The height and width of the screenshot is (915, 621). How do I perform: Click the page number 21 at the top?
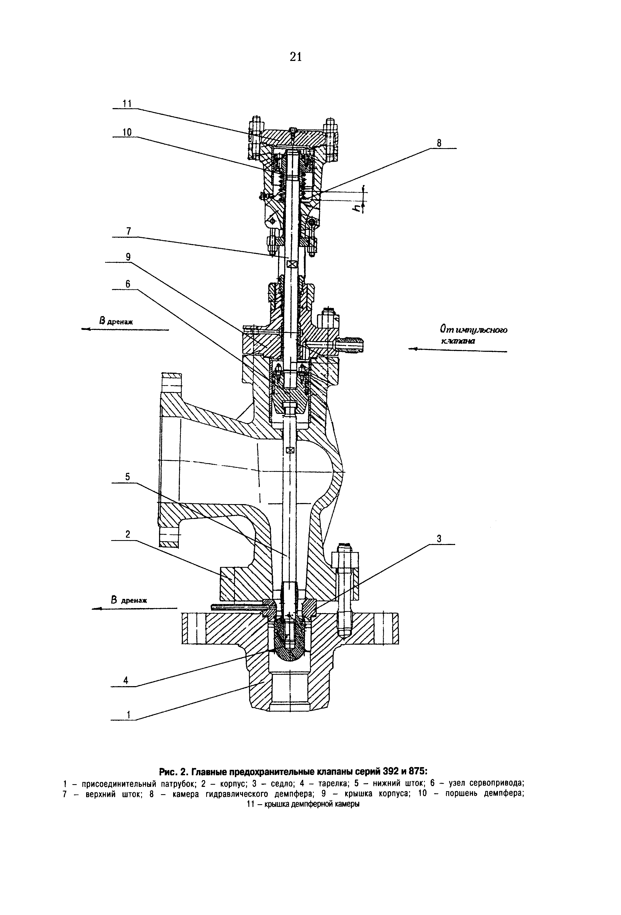click(295, 57)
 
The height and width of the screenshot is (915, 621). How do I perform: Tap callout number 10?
click(127, 132)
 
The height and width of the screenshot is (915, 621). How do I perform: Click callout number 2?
click(128, 534)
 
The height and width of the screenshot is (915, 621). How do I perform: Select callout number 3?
click(439, 538)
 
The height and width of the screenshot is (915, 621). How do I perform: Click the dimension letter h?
click(357, 207)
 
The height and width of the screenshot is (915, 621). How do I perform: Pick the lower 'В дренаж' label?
click(129, 600)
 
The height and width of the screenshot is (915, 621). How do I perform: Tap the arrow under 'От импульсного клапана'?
click(458, 350)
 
